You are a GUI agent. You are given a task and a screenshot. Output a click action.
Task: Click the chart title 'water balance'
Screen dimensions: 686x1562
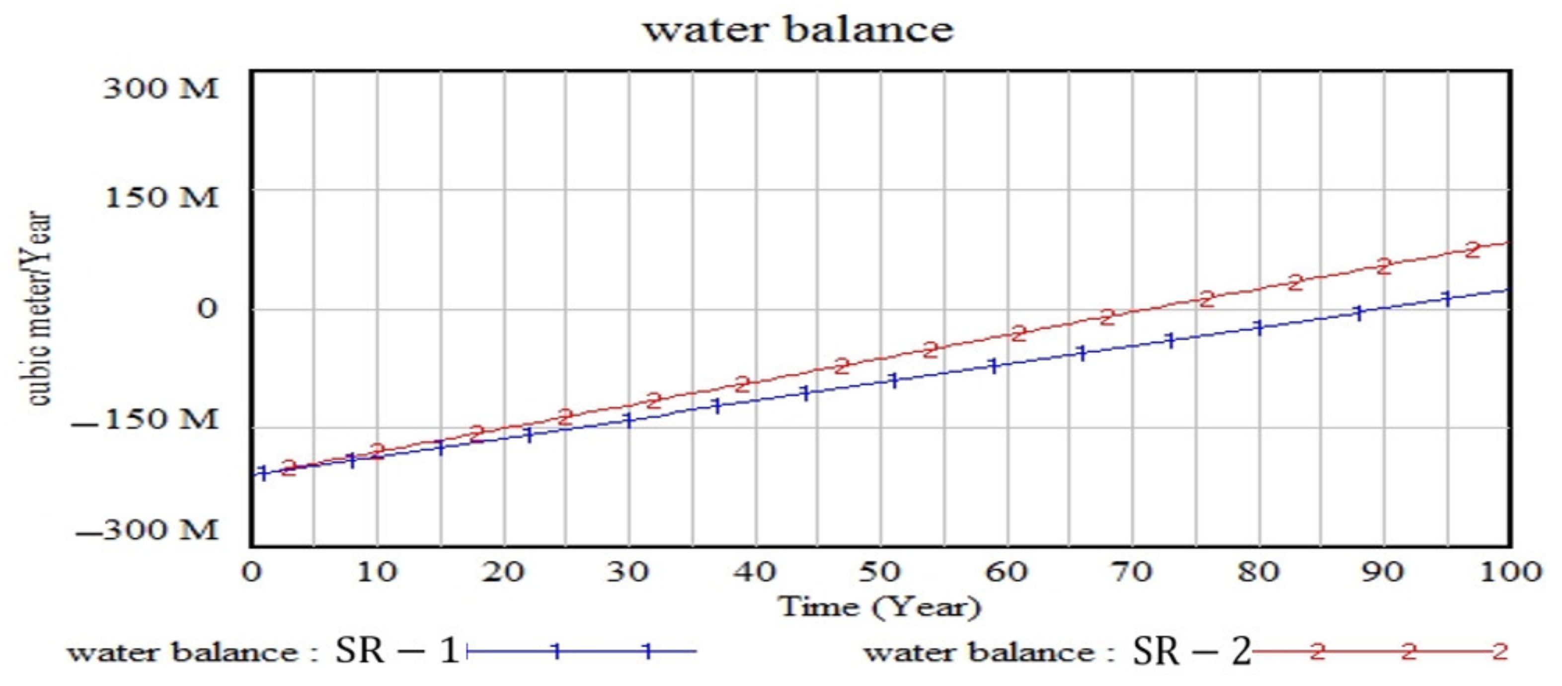coord(798,30)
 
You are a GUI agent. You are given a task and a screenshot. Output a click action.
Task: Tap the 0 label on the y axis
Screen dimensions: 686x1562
coord(206,309)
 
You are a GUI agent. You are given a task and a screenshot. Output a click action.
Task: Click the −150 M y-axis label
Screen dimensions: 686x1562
coord(144,419)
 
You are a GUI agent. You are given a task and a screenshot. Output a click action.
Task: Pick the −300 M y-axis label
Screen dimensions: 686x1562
coord(146,530)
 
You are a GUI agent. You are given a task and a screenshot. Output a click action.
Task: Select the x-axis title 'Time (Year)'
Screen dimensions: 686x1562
coord(879,606)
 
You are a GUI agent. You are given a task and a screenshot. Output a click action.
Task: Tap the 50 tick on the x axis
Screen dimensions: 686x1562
coord(879,572)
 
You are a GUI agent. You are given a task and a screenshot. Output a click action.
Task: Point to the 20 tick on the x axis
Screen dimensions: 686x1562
coord(503,572)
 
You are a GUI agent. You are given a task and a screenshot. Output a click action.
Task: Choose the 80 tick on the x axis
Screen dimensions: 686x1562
coord(1259,572)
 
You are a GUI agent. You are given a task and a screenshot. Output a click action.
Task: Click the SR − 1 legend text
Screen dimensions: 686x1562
coord(396,651)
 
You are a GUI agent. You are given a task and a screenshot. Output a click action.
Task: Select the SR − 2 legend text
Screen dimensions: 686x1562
coord(1191,651)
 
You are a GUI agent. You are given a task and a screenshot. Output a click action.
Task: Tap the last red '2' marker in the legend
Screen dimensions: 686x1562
coord(1499,651)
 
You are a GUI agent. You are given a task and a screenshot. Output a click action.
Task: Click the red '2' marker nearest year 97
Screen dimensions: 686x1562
coord(1472,249)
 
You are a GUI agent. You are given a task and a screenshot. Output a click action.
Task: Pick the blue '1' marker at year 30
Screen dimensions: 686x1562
coord(629,420)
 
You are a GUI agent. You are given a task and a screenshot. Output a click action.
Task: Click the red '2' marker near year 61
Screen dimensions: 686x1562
coord(1018,333)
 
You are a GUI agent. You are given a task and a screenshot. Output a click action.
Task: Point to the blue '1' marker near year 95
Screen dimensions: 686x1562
coord(1447,298)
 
